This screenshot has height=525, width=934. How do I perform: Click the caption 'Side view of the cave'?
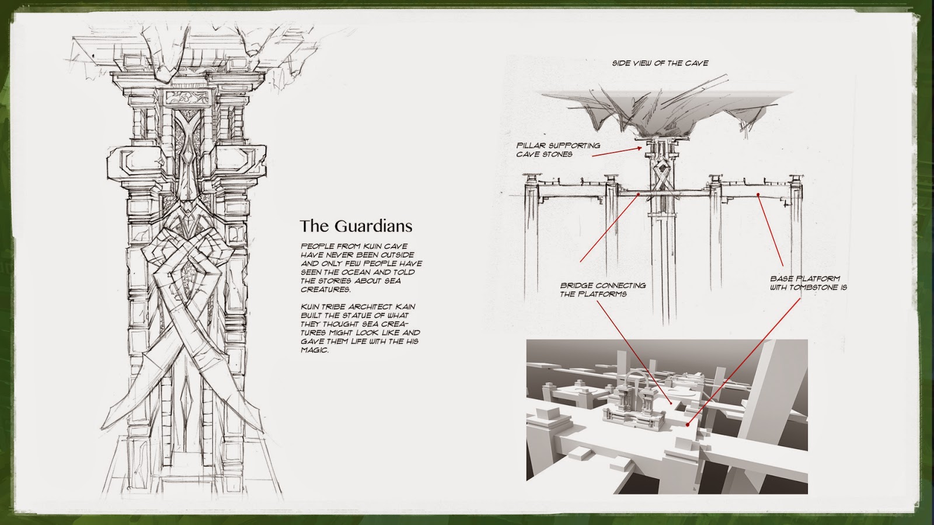point(660,63)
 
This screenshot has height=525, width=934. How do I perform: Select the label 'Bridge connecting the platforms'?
point(602,290)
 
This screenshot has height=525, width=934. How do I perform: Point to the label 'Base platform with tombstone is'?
point(808,283)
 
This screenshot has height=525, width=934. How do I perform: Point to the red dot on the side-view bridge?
point(640,194)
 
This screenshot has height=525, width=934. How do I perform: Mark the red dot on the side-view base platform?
point(758,194)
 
